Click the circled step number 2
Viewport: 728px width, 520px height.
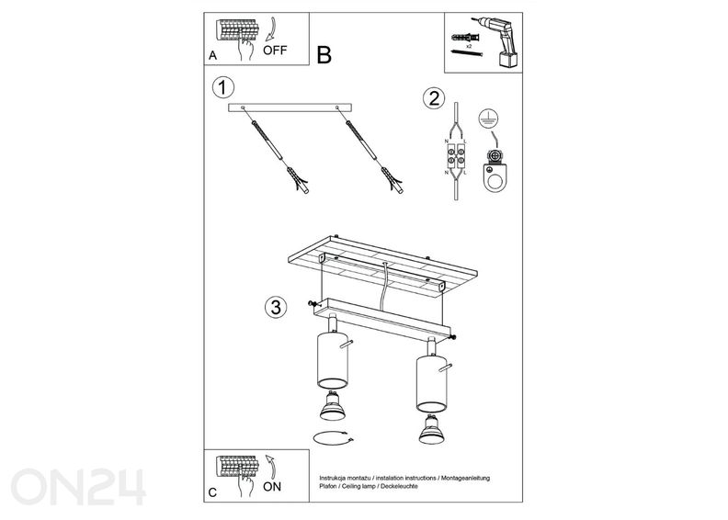tap(434, 99)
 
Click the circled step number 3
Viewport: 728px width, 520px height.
tap(274, 306)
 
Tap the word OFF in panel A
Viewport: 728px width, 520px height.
tap(276, 51)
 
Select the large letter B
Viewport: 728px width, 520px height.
tap(324, 55)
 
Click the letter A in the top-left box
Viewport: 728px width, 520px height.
tap(213, 56)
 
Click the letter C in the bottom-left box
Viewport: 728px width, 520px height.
tap(213, 493)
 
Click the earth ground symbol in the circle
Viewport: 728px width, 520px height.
tap(489, 119)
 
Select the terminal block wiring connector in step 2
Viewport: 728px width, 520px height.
tap(457, 156)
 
